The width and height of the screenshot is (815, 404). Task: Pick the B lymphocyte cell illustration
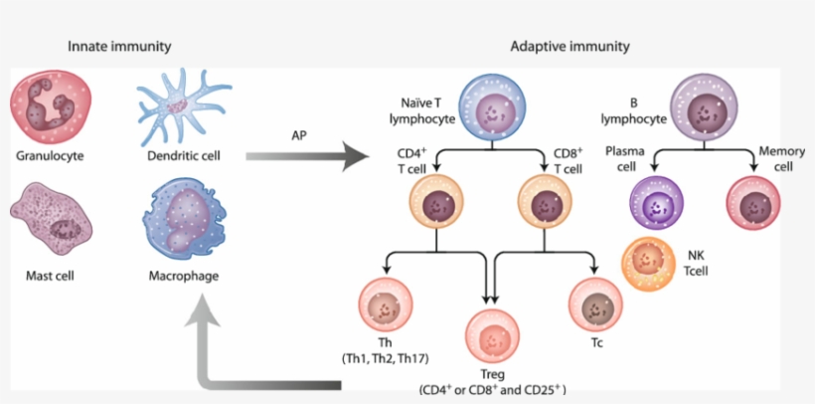(707, 105)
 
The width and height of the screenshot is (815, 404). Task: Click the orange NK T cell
(648, 266)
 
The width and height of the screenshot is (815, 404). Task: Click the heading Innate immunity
(119, 47)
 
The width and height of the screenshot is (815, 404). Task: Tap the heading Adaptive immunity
(570, 47)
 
